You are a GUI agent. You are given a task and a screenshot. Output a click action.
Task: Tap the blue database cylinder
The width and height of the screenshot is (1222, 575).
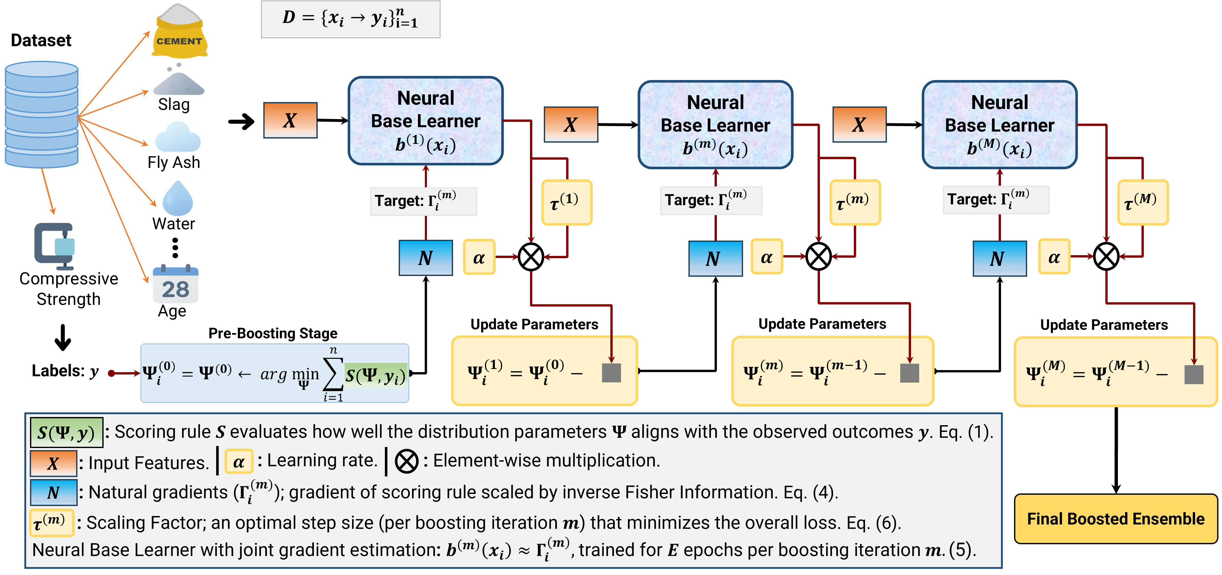(42, 115)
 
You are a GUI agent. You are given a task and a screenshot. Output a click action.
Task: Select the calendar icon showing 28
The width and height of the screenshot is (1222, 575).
(176, 285)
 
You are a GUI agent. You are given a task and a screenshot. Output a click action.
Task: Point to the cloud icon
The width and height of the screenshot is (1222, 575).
(178, 137)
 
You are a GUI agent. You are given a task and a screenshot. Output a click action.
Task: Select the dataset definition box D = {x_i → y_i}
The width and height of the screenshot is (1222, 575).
(350, 19)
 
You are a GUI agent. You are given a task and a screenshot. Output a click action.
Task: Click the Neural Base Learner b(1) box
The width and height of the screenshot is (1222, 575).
(426, 121)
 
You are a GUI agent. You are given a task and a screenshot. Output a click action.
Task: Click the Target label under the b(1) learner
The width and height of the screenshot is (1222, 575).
(423, 201)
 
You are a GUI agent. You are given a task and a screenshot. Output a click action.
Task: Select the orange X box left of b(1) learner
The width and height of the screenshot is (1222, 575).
(290, 121)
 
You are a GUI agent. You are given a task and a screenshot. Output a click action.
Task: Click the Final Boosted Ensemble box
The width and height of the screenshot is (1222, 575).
(1116, 519)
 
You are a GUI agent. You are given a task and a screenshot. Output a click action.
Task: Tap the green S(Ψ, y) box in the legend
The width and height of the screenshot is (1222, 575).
(66, 432)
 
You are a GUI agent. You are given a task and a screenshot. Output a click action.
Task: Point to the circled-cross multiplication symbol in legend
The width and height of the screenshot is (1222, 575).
(407, 461)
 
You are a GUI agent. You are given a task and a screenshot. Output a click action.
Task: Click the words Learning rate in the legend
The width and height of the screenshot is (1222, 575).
(322, 460)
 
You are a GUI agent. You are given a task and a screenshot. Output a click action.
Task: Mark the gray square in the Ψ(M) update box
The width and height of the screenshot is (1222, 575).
(1194, 374)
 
